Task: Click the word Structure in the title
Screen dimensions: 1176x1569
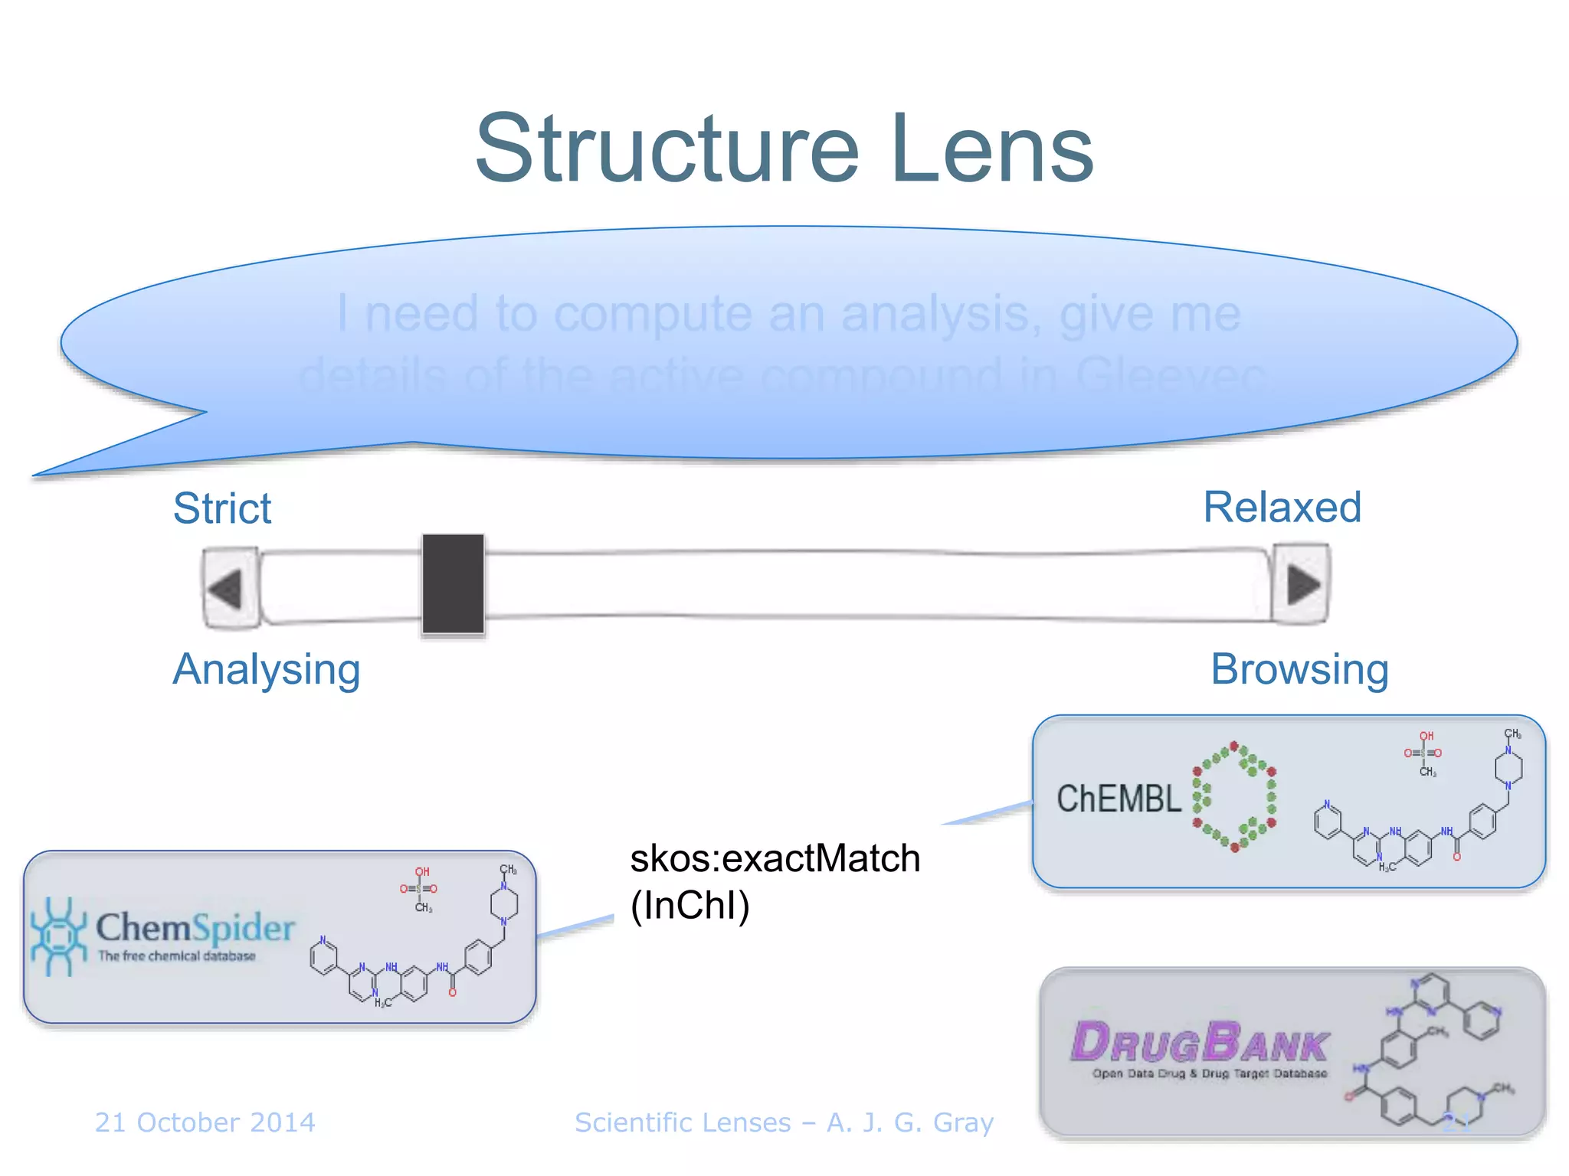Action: (x=667, y=149)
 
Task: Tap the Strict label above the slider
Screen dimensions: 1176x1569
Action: (x=222, y=508)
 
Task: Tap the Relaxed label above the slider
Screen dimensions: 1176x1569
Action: (x=1282, y=508)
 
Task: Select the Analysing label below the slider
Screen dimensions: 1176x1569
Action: (x=267, y=670)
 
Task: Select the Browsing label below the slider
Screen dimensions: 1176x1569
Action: (x=1299, y=670)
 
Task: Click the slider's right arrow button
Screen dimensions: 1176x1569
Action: (x=1302, y=585)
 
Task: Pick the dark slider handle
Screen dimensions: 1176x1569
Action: (x=453, y=585)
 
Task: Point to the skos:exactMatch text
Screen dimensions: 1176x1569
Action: (x=775, y=858)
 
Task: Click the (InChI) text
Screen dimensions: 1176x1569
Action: (x=690, y=906)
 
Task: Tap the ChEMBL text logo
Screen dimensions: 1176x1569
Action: (x=1119, y=799)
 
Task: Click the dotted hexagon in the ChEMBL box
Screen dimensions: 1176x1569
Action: (x=1234, y=796)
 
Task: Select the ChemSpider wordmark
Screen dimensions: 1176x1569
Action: (x=195, y=928)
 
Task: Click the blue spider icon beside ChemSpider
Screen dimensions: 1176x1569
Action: (x=57, y=936)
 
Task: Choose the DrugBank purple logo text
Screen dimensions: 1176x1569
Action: (x=1200, y=1043)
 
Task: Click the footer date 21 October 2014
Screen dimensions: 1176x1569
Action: (x=205, y=1122)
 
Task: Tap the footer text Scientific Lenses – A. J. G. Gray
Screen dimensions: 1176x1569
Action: (x=784, y=1122)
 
